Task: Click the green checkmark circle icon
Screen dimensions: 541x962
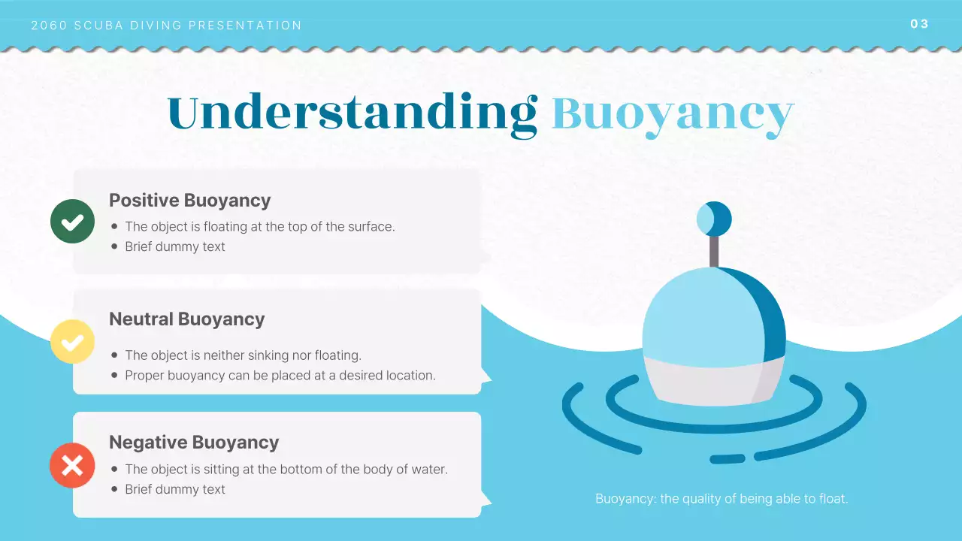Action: tap(72, 222)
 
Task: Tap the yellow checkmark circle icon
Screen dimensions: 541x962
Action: tap(72, 342)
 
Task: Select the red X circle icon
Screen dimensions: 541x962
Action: tap(72, 465)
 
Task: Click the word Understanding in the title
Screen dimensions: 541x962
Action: tap(352, 113)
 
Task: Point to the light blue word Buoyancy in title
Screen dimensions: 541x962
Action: tap(673, 114)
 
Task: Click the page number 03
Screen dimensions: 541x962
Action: tap(919, 24)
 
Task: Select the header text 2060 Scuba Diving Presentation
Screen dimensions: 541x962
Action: tap(166, 26)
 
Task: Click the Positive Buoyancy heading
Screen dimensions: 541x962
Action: tap(189, 201)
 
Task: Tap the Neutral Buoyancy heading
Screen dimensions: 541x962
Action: tap(186, 319)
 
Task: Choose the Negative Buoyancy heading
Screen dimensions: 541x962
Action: tap(194, 443)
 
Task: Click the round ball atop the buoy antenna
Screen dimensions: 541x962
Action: tap(713, 219)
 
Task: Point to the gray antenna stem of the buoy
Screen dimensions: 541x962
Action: tap(713, 251)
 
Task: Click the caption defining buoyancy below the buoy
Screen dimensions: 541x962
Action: tap(721, 499)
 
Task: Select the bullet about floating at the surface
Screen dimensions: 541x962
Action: tap(259, 226)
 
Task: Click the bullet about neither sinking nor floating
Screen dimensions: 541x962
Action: tap(243, 355)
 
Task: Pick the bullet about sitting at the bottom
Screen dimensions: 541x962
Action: tap(286, 470)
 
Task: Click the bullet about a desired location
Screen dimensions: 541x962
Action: tap(280, 376)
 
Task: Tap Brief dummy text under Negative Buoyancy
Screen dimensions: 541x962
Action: tap(174, 490)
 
